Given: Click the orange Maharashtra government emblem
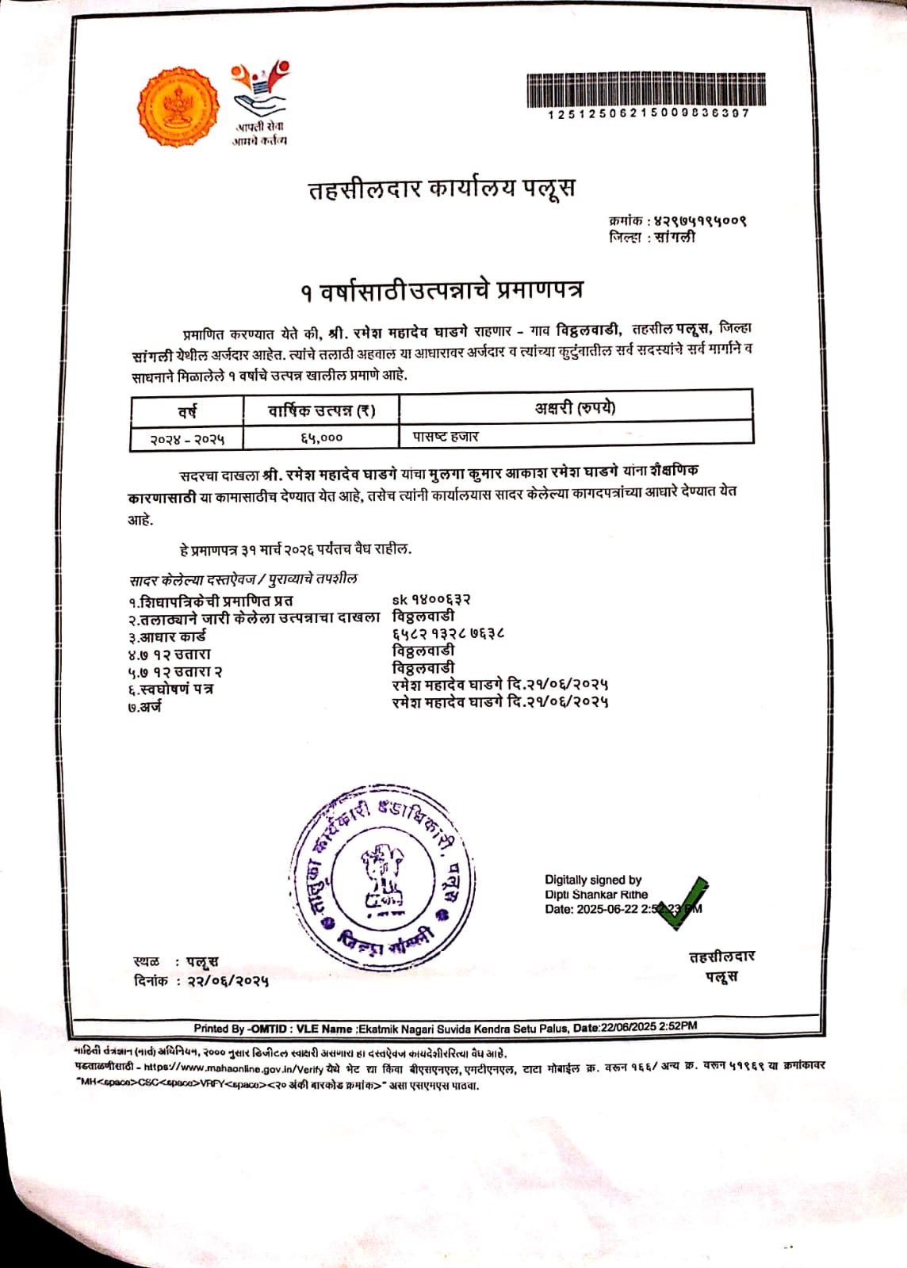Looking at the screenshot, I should [178, 108].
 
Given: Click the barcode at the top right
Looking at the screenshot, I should [646, 90].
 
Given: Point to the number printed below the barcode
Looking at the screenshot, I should [648, 113].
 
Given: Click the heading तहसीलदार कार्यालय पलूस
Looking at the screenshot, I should [442, 189].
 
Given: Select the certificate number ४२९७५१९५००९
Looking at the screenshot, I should [700, 220].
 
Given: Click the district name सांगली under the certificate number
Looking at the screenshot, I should [675, 237].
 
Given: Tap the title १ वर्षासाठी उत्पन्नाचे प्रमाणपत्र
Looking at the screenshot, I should [442, 291].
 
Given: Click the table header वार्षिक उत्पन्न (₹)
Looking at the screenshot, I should [321, 411].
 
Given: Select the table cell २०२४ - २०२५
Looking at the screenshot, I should [187, 438].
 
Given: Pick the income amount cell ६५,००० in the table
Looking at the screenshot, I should [321, 437].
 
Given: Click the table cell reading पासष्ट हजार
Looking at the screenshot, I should [446, 437].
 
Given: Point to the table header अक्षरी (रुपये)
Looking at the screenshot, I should [575, 409].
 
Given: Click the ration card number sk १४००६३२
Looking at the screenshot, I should [431, 600].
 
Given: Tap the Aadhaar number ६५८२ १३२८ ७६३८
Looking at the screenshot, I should [449, 634].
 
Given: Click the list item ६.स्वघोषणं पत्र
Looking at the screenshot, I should [170, 689].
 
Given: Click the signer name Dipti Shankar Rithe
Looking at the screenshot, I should [595, 895].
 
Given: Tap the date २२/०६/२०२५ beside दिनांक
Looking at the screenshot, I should [228, 981].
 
